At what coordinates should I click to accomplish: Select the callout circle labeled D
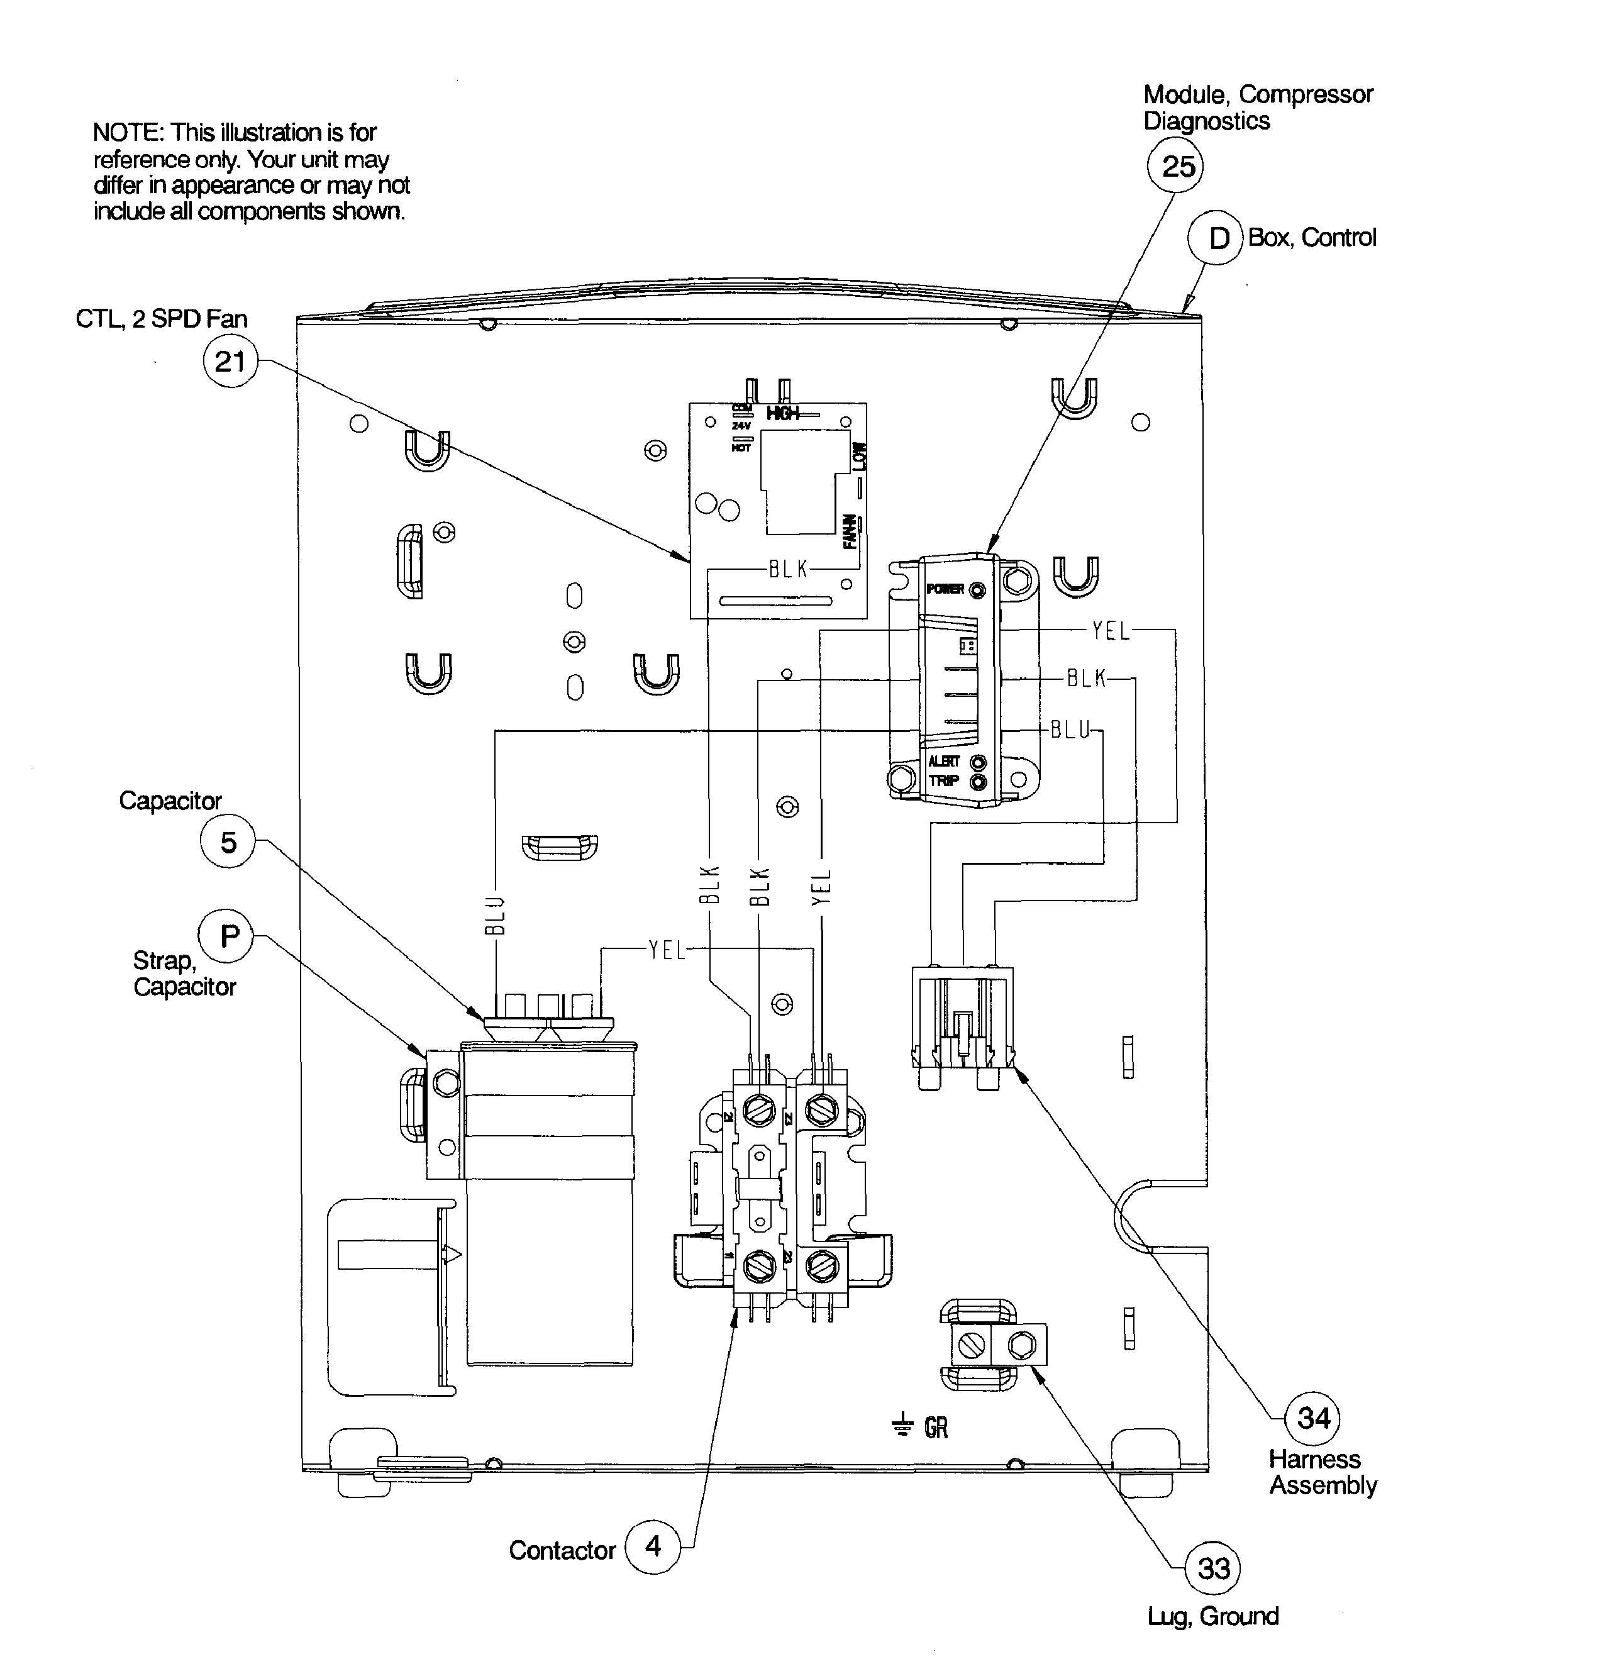1216,238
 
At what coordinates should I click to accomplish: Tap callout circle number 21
230,362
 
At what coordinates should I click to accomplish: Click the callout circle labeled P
226,936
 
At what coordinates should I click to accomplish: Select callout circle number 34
1312,1418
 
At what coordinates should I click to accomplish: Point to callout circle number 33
1213,1568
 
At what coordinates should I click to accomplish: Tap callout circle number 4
653,1545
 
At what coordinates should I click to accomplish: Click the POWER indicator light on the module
979,590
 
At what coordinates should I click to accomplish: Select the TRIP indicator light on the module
980,781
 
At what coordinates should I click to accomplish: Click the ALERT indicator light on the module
980,762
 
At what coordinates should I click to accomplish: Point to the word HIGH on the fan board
783,414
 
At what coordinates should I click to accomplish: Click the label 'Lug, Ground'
1212,1616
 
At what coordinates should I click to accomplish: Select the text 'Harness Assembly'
1322,1472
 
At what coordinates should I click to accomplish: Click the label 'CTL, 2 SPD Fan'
162,319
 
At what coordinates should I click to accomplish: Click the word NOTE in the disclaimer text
127,133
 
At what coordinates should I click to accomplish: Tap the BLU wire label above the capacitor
496,914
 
